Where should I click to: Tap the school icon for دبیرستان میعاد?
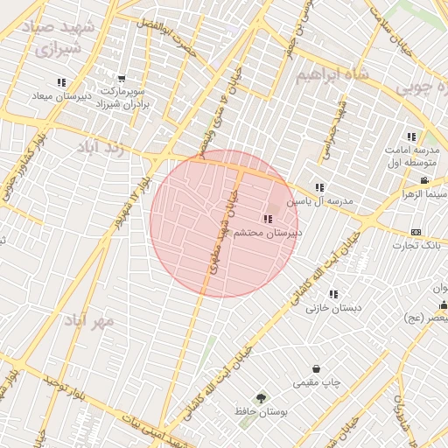(x=61, y=82)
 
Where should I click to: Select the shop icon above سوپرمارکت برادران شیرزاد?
(x=121, y=79)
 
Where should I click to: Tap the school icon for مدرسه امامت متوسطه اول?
(x=411, y=136)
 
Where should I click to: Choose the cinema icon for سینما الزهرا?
(x=424, y=181)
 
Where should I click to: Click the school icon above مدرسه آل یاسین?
(x=320, y=187)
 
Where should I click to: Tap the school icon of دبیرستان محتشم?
(x=267, y=220)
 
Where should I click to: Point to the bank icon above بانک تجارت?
(x=416, y=231)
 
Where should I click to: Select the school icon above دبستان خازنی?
(x=332, y=294)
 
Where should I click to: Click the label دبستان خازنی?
(x=333, y=308)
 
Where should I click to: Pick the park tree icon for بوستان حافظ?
(x=260, y=397)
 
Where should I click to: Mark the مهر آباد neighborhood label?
(x=87, y=320)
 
